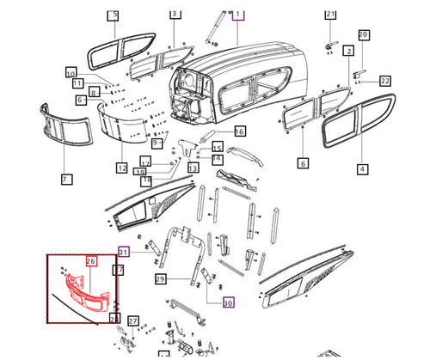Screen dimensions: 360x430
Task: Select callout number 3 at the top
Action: pyautogui.click(x=175, y=15)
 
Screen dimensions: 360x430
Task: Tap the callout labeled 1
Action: pyautogui.click(x=238, y=15)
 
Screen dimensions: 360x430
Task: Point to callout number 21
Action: pyautogui.click(x=330, y=15)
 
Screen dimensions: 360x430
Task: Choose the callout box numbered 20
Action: pyautogui.click(x=363, y=34)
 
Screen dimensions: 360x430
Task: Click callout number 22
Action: pyautogui.click(x=385, y=81)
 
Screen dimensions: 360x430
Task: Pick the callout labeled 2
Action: pyautogui.click(x=348, y=52)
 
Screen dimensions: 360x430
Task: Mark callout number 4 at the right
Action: pyautogui.click(x=362, y=169)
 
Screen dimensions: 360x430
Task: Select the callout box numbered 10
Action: pyautogui.click(x=71, y=72)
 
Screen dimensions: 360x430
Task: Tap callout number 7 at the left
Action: pyautogui.click(x=65, y=179)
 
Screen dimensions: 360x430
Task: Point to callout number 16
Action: pyautogui.click(x=239, y=131)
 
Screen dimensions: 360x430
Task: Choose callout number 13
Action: pyautogui.click(x=193, y=168)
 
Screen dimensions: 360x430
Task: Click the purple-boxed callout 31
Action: pyautogui.click(x=124, y=252)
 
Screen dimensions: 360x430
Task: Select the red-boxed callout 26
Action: pyautogui.click(x=91, y=260)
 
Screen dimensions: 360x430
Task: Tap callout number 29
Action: pyautogui.click(x=160, y=279)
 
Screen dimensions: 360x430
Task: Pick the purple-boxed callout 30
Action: pyautogui.click(x=227, y=302)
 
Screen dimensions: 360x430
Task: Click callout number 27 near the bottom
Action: pyautogui.click(x=132, y=320)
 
